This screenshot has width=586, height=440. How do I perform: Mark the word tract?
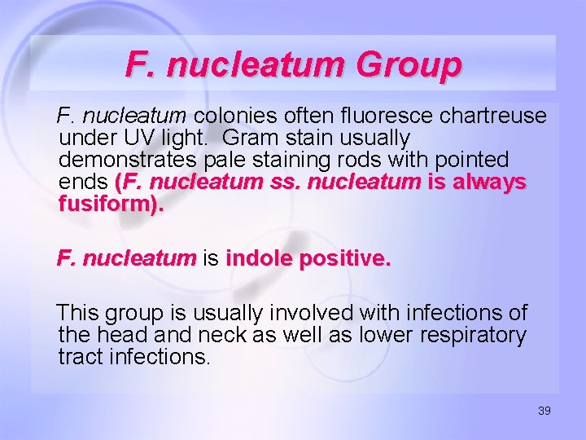click(80, 357)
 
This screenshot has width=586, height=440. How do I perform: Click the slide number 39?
click(544, 411)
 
